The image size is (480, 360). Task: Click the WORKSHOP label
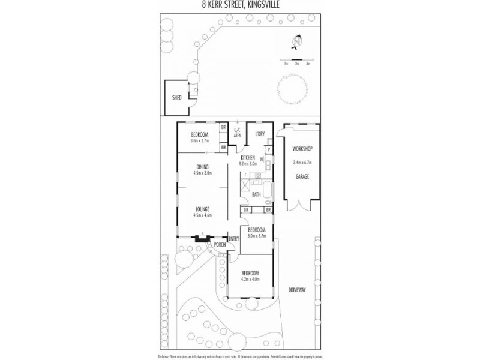(x=302, y=148)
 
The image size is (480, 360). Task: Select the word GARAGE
(x=302, y=176)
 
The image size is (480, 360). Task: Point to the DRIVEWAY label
(x=297, y=289)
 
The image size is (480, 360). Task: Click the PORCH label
(x=220, y=244)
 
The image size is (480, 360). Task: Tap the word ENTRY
(x=233, y=238)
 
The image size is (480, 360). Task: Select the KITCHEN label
(x=248, y=157)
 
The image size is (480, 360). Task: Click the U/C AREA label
(x=236, y=133)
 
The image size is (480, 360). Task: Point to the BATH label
(x=256, y=194)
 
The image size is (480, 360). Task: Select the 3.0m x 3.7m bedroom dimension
(x=257, y=236)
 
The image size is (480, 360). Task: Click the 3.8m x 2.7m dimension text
(x=199, y=140)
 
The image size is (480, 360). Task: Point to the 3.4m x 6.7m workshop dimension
(x=302, y=162)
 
